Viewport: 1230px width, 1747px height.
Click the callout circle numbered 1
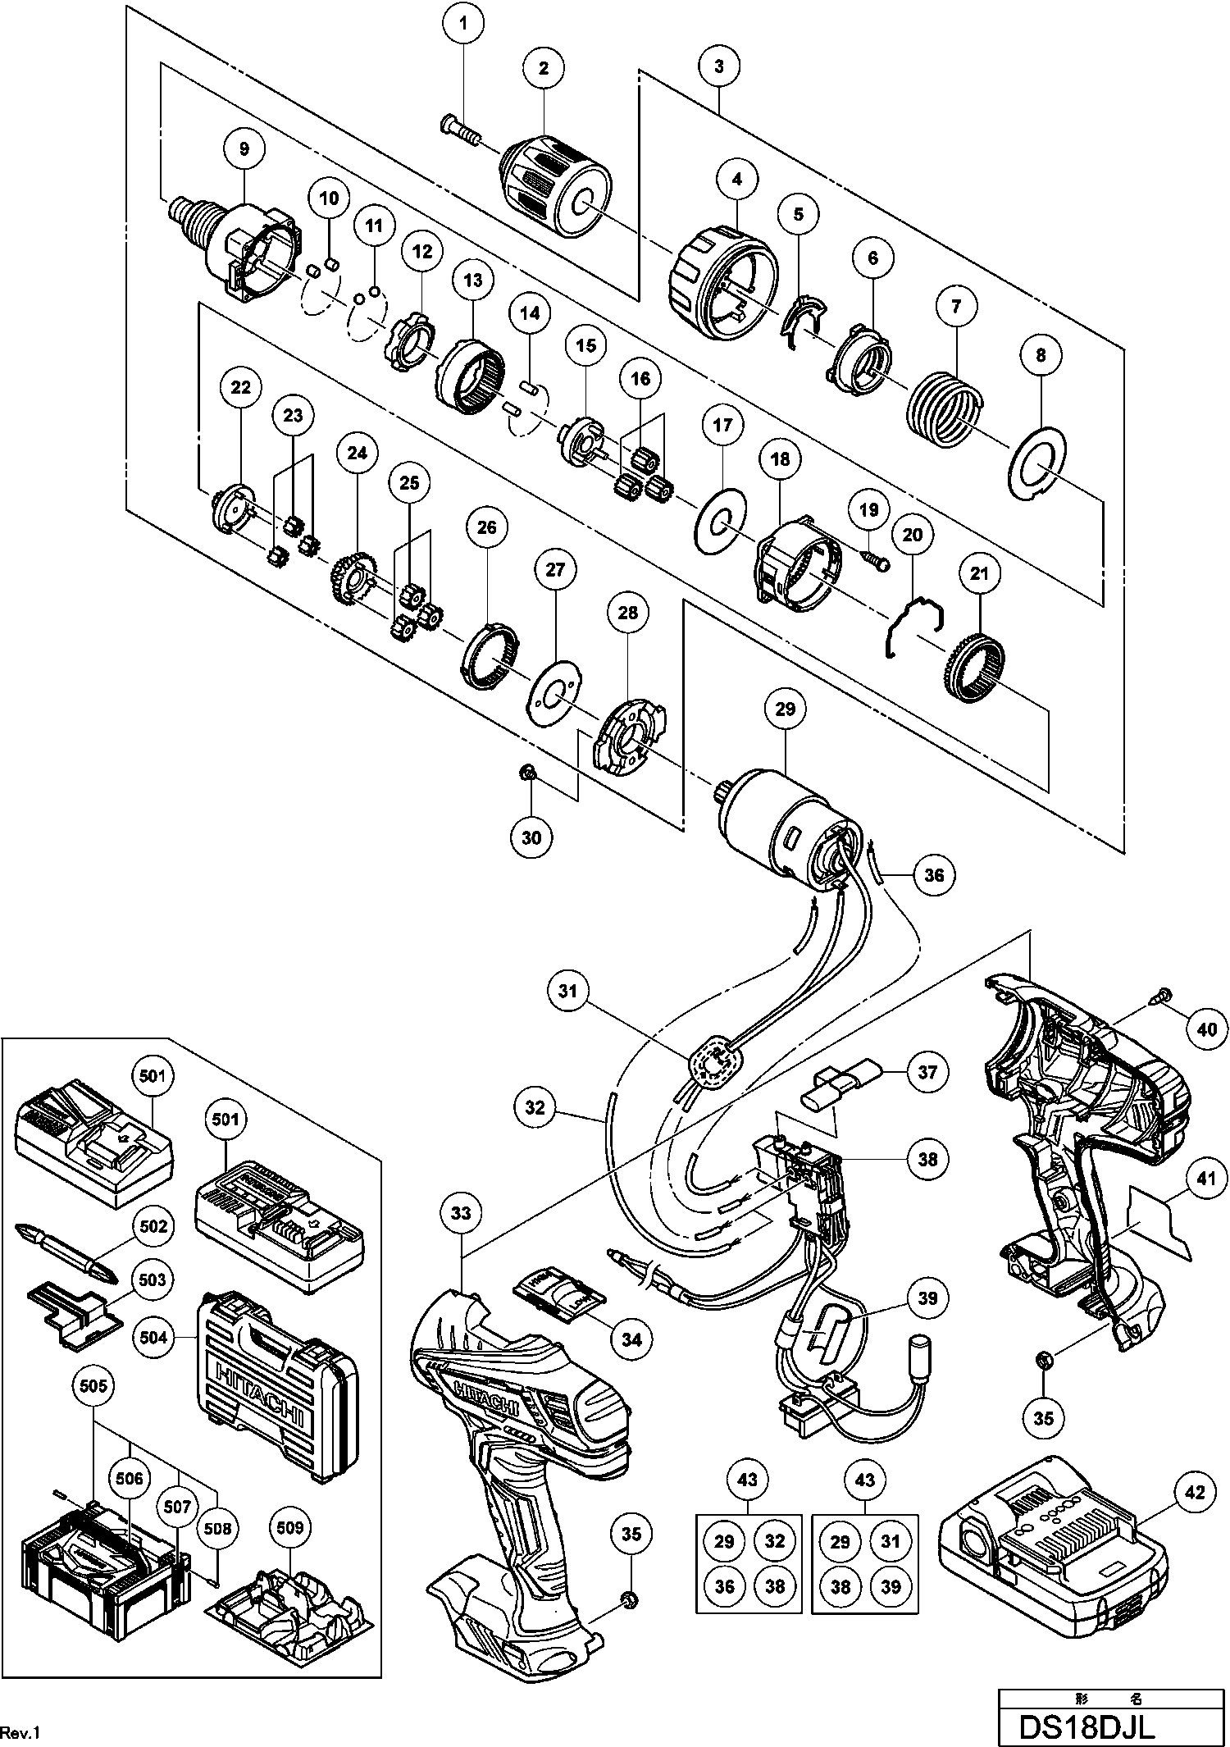464,24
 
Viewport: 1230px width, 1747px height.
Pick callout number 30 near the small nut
531,837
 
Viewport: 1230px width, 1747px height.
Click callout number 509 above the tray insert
289,1528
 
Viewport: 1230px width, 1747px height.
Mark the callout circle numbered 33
461,1212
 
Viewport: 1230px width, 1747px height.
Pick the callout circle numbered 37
927,1072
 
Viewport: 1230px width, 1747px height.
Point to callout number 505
94,1385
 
